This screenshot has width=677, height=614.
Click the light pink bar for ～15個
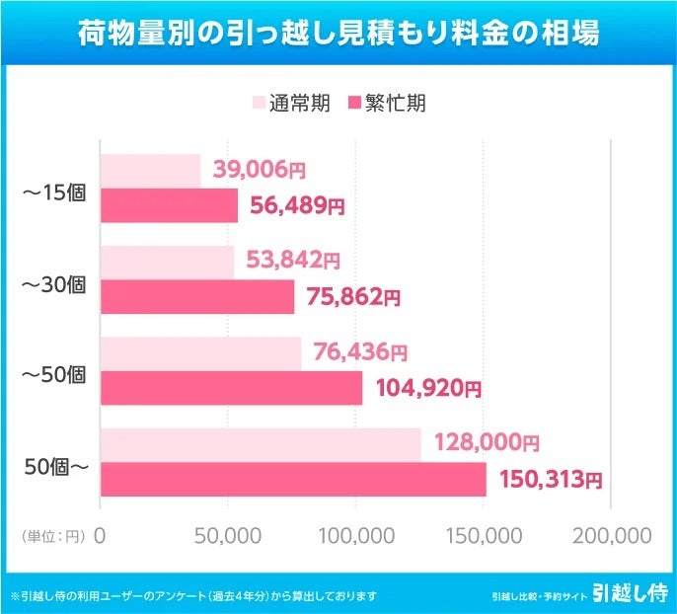pyautogui.click(x=150, y=171)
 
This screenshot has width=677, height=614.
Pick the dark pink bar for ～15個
pyautogui.click(x=169, y=205)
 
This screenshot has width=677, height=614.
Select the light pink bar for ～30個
pyautogui.click(x=167, y=262)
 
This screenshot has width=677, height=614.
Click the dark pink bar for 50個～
pyautogui.click(x=293, y=480)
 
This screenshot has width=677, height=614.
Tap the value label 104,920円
pyautogui.click(x=428, y=388)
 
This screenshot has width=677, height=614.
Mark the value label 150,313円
pyautogui.click(x=551, y=480)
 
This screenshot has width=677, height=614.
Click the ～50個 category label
pyautogui.click(x=54, y=374)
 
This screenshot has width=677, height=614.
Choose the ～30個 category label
pyautogui.click(x=54, y=283)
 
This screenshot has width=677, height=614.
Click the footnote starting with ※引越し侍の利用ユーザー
pyautogui.click(x=193, y=595)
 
